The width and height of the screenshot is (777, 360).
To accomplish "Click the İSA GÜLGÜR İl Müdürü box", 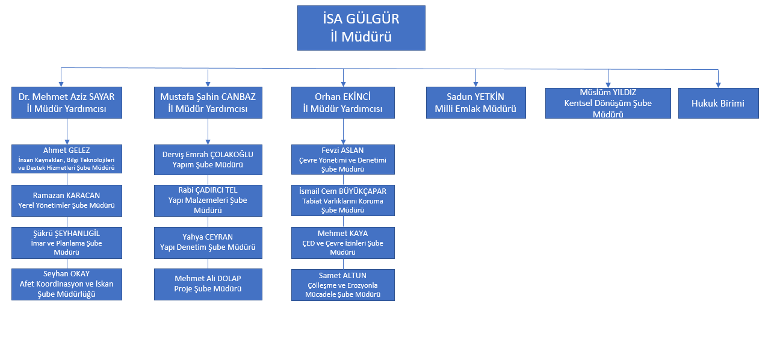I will tap(361, 28).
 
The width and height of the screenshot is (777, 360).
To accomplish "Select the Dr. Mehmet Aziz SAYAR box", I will tap(67, 102).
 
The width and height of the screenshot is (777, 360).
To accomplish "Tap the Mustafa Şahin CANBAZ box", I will tap(208, 102).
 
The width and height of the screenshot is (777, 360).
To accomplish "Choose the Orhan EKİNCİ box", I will tap(343, 102).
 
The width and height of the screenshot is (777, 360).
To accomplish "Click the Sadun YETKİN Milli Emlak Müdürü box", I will tap(475, 102).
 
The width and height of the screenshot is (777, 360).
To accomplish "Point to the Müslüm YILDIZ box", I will tap(608, 102).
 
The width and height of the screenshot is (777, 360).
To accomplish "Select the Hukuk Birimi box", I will tap(719, 102).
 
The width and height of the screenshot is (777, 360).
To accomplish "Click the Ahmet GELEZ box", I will tap(67, 159).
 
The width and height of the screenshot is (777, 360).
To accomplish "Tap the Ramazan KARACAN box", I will tap(67, 200).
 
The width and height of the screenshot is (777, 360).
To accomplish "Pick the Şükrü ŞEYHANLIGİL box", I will tap(67, 243).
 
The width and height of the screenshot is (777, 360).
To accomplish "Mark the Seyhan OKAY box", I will tap(67, 284).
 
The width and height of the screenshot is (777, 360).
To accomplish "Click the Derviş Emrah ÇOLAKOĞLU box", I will tap(208, 159).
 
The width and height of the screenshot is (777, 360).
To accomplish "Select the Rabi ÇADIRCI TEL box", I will tap(208, 200).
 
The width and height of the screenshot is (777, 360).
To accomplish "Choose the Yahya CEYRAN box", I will tap(208, 243).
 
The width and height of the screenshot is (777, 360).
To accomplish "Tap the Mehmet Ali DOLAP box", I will tap(208, 284).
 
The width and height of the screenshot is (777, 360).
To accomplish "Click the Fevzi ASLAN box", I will tap(343, 159).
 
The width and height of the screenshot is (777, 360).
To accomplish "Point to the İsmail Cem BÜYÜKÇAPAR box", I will tap(343, 200).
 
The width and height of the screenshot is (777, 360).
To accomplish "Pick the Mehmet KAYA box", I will tap(343, 243).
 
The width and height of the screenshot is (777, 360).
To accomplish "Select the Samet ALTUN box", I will tap(343, 284).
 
